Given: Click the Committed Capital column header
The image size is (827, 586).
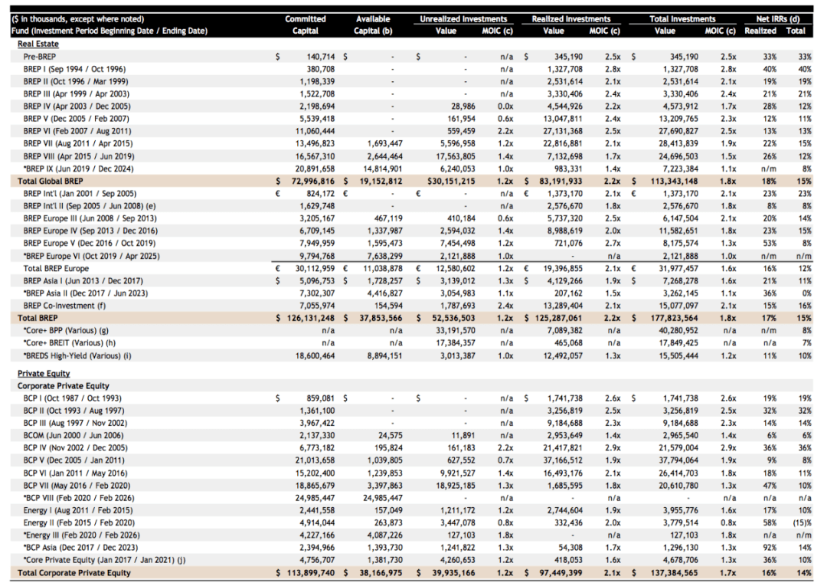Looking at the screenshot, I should click(x=305, y=25).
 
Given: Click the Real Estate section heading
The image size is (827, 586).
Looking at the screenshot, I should click(x=38, y=44).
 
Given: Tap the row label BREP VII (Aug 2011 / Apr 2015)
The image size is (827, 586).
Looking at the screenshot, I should click(x=77, y=143).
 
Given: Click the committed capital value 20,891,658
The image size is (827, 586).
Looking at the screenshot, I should click(x=314, y=168).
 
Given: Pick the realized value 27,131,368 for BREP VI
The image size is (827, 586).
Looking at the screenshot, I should click(x=562, y=131).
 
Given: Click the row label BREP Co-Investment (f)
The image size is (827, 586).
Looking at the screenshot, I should click(x=66, y=305).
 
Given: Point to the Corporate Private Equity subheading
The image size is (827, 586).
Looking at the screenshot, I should click(x=63, y=386).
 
